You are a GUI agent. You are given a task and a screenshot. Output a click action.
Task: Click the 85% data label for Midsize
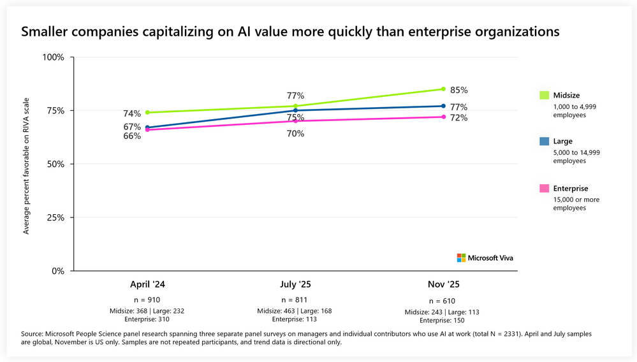pos(458,90)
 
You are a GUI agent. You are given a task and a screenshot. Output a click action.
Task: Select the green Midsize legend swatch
pos(544,96)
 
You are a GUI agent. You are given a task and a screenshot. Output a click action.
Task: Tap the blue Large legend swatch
pos(544,141)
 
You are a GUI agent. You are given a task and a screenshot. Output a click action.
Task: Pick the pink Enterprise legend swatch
pos(544,188)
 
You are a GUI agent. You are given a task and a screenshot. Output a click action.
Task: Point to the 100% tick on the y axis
pos(53,57)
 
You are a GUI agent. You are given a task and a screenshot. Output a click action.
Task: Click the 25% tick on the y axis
pos(55,217)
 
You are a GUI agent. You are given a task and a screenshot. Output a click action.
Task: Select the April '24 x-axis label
pos(147,285)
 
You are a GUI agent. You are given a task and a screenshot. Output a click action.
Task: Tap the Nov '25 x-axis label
pos(442,285)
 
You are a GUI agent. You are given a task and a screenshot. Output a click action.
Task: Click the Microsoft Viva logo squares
pos(461,257)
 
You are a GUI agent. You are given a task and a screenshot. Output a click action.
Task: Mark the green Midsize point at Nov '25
pos(443,89)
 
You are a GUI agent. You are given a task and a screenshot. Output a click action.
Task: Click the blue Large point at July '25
pos(295,110)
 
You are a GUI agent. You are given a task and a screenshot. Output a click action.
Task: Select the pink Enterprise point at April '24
pos(147,130)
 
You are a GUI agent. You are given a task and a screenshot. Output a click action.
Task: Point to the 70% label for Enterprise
pos(295,134)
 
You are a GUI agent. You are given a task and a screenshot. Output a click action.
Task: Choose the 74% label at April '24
pos(132,114)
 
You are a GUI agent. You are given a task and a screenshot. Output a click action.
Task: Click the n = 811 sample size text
pos(295,300)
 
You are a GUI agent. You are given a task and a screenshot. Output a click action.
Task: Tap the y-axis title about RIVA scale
pos(27,164)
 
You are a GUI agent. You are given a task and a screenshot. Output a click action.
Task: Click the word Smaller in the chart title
pos(44,31)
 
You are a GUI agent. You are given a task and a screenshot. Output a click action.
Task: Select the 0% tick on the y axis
pos(58,271)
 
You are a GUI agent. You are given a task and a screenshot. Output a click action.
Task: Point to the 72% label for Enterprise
pos(458,118)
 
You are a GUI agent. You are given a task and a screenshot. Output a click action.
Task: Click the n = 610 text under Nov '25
pos(442,301)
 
